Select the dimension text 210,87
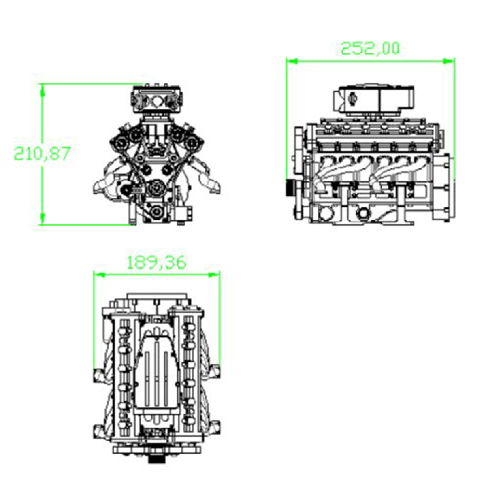(x=43, y=153)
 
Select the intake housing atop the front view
(x=157, y=99)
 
